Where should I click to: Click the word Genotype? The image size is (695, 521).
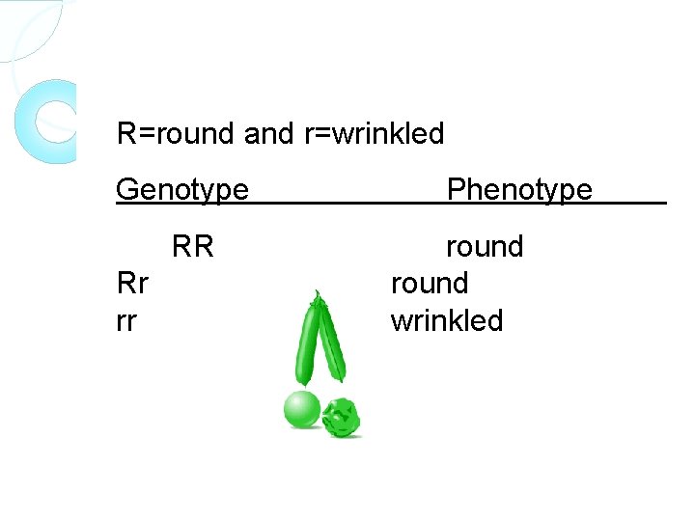click(181, 190)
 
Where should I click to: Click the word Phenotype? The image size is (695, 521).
click(519, 190)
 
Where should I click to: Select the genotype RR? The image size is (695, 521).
click(192, 247)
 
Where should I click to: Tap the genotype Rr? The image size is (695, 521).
click(131, 284)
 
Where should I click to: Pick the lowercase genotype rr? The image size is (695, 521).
click(125, 320)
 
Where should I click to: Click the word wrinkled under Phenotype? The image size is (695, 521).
click(446, 320)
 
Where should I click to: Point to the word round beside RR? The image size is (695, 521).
click(484, 247)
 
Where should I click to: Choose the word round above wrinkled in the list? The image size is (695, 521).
click(429, 284)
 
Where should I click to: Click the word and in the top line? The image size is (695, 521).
click(267, 133)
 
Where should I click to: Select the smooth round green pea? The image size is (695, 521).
click(301, 409)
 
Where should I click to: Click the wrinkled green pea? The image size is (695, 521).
click(341, 417)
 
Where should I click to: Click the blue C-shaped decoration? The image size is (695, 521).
click(43, 121)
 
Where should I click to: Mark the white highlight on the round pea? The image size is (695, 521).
click(295, 400)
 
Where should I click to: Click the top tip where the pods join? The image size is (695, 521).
click(316, 294)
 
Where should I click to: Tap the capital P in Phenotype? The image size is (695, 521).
click(456, 190)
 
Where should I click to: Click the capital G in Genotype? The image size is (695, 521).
click(126, 190)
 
